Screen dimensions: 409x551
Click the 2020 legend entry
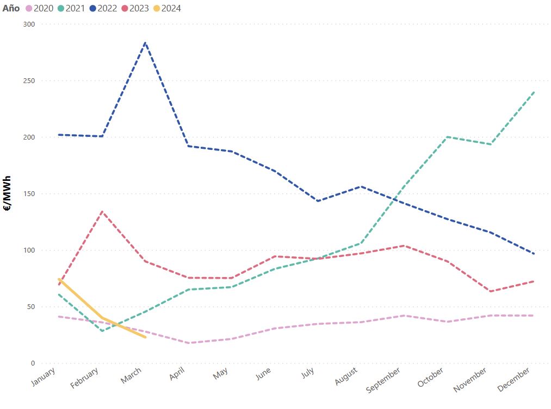click(39, 8)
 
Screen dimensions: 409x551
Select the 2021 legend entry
click(71, 8)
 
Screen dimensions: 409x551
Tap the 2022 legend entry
click(103, 8)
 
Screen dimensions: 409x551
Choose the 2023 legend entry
click(135, 8)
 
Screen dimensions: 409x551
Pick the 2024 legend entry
click(167, 8)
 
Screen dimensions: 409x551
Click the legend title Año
click(11, 8)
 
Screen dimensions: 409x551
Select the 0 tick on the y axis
click(33, 363)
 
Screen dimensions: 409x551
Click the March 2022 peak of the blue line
click(145, 42)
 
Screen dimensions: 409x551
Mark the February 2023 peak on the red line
click(102, 211)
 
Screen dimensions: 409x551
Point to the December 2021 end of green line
click(534, 92)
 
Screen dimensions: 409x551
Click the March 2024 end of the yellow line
click(145, 337)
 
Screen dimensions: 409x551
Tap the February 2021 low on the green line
click(102, 331)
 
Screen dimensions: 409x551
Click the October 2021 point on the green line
click(448, 137)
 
